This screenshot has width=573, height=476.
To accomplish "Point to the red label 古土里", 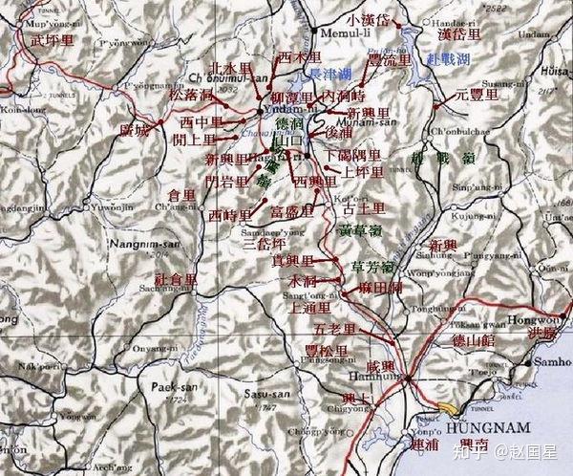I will tap(363, 206).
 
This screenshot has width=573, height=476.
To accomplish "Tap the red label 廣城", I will tap(134, 130).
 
